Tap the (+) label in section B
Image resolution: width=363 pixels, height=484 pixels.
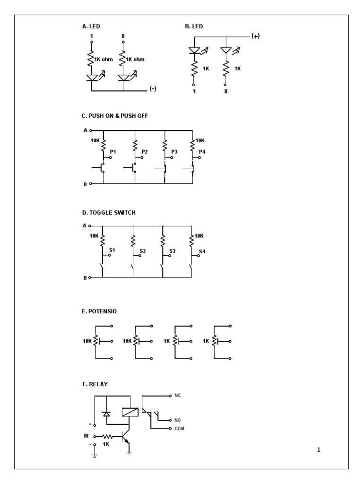[256, 37]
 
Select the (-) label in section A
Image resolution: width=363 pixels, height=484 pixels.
[153, 89]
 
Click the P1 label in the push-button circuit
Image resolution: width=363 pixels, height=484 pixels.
[112, 151]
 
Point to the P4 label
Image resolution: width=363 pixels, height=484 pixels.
[202, 151]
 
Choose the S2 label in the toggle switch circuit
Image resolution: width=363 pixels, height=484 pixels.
[142, 251]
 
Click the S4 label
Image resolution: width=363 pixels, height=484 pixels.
[202, 251]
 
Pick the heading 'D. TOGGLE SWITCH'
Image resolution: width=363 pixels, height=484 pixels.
[109, 213]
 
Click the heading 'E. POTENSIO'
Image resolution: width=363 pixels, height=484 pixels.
[99, 311]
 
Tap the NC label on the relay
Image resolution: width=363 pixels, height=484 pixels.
[178, 394]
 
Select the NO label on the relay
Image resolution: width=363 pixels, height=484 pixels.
[178, 420]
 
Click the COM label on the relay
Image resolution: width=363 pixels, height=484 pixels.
[179, 428]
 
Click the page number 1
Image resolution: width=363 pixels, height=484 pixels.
[319, 450]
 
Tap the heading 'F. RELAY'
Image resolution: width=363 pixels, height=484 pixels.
[95, 384]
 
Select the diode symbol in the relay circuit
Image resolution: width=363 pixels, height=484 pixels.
[106, 414]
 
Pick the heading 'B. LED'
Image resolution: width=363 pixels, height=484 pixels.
[194, 27]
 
